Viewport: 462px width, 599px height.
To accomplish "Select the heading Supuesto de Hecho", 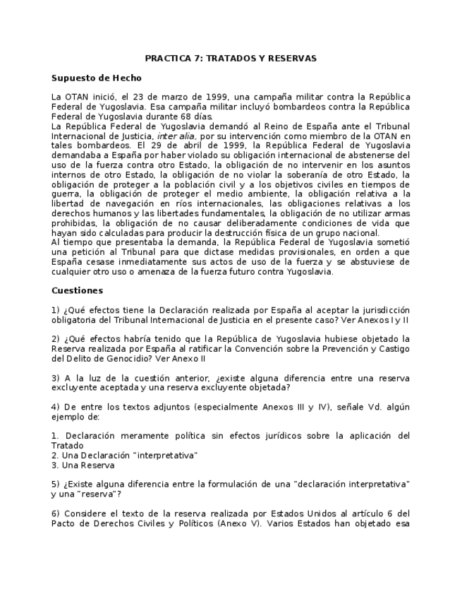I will click(96, 78).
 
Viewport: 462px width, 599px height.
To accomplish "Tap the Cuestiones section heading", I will click(77, 290).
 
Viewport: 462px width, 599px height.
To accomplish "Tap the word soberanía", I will click(325, 174).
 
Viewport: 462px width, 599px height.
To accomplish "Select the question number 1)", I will click(56, 310).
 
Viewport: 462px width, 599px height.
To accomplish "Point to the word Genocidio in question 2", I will click(103, 358).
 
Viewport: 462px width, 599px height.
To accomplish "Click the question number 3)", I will click(56, 378).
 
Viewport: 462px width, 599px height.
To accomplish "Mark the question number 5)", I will click(56, 485).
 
